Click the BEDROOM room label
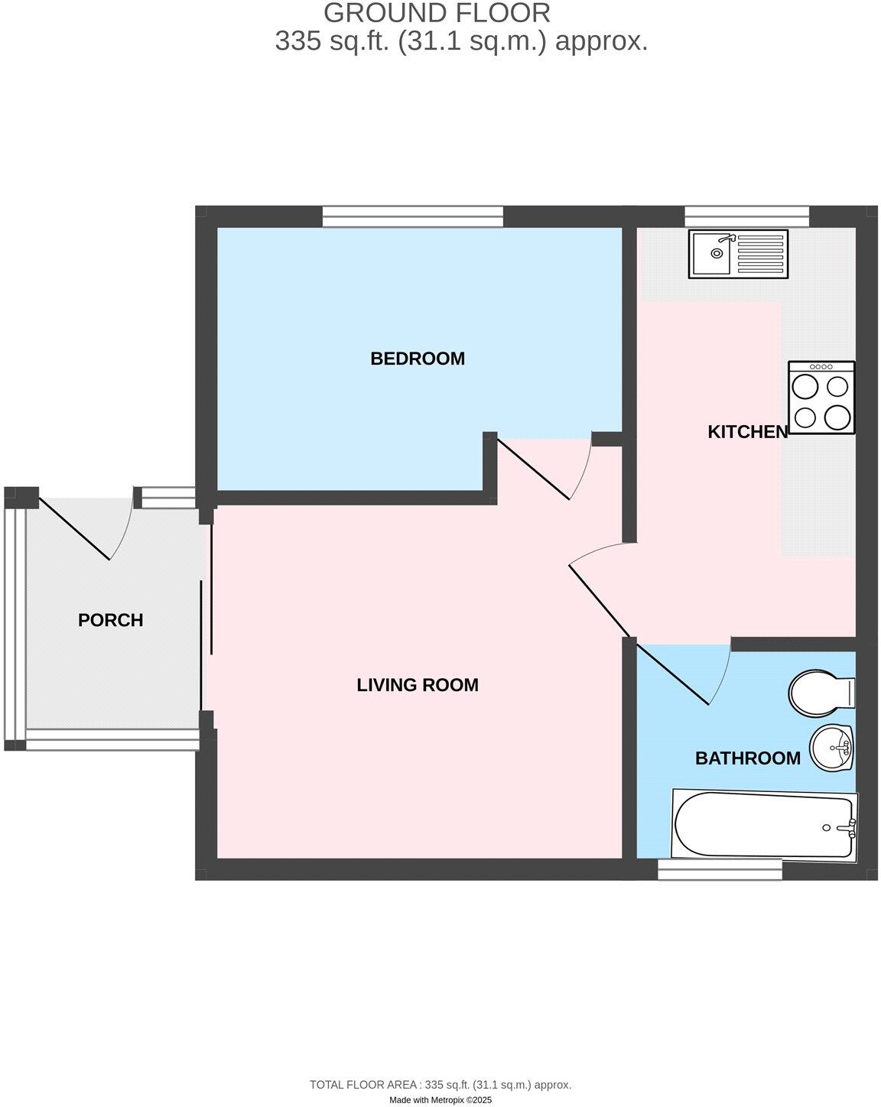(418, 359)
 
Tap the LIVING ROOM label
(418, 685)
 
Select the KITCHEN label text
(747, 432)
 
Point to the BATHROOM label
(747, 758)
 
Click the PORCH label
(111, 620)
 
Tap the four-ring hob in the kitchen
(821, 398)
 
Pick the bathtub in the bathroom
(764, 824)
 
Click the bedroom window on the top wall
(413, 216)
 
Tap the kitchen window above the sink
(747, 216)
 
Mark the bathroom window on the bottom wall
(720, 869)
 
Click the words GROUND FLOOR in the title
(437, 13)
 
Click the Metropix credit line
(440, 1100)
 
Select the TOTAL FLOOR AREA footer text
(440, 1084)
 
